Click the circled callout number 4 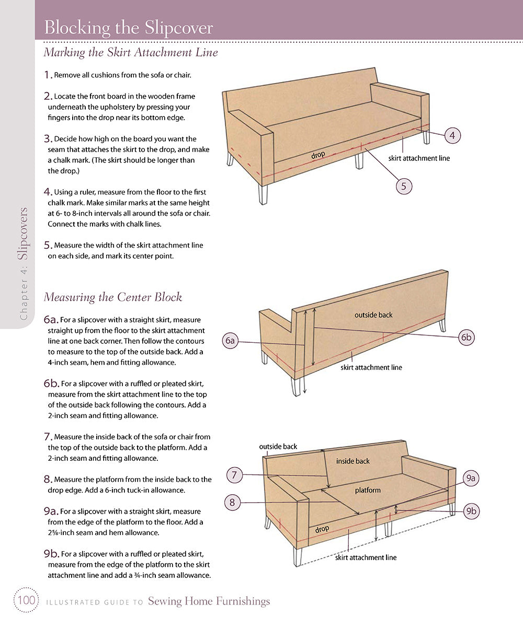452,135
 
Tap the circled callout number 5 404,185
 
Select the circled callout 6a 230,341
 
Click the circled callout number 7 234,475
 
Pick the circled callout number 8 232,503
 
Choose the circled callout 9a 471,478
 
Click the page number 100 25,601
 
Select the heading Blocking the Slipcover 129,27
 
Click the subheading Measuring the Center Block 113,297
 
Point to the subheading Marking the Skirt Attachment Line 131,53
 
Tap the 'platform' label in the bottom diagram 368,490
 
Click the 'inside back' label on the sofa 353,461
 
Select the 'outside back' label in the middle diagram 373,315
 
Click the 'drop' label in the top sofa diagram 318,155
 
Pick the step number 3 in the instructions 48,139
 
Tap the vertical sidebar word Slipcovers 23,234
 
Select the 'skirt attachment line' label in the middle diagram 371,367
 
